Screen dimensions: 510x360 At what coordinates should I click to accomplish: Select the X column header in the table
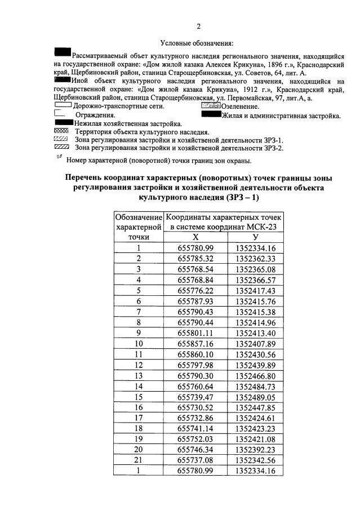(x=195, y=237)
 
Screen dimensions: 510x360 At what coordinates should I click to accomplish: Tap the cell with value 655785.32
(x=195, y=258)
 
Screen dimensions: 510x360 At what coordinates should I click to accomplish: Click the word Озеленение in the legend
(x=241, y=106)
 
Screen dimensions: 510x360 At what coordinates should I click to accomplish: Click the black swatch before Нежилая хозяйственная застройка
(x=64, y=122)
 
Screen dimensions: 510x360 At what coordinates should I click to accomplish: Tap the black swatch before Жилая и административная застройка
(x=211, y=115)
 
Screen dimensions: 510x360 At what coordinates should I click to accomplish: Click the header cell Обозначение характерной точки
(x=138, y=227)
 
